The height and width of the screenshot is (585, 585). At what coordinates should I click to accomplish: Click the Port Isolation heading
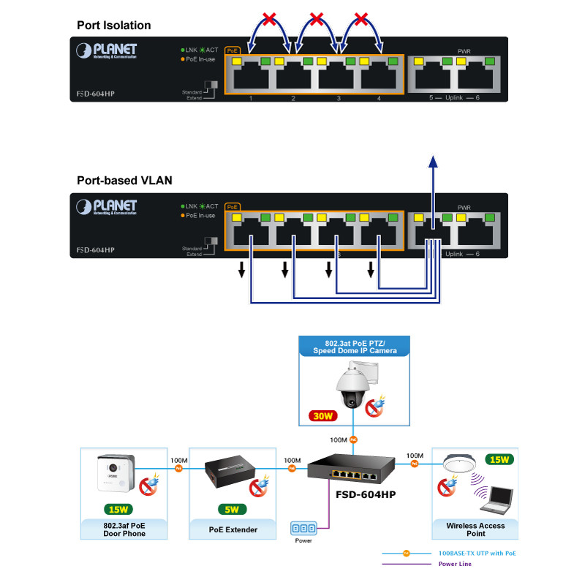pos(114,26)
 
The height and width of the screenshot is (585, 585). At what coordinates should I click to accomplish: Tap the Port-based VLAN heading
pos(124,181)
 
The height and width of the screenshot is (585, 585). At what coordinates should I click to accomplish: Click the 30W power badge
pos(323,415)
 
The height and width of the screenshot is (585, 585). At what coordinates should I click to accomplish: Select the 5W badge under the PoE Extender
pos(233,509)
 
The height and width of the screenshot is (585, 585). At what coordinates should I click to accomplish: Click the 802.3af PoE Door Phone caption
pos(124,529)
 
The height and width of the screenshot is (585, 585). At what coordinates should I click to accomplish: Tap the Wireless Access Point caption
pos(475,529)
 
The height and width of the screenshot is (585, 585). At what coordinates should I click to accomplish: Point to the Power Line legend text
pos(455,564)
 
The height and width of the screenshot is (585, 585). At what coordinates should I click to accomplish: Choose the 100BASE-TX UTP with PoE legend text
pos(476,553)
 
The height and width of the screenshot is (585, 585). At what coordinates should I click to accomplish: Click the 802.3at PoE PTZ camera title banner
pos(355,347)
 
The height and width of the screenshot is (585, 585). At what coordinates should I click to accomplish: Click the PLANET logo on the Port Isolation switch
pos(107,50)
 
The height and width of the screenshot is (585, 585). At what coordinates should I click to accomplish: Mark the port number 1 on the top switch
pos(251,98)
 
